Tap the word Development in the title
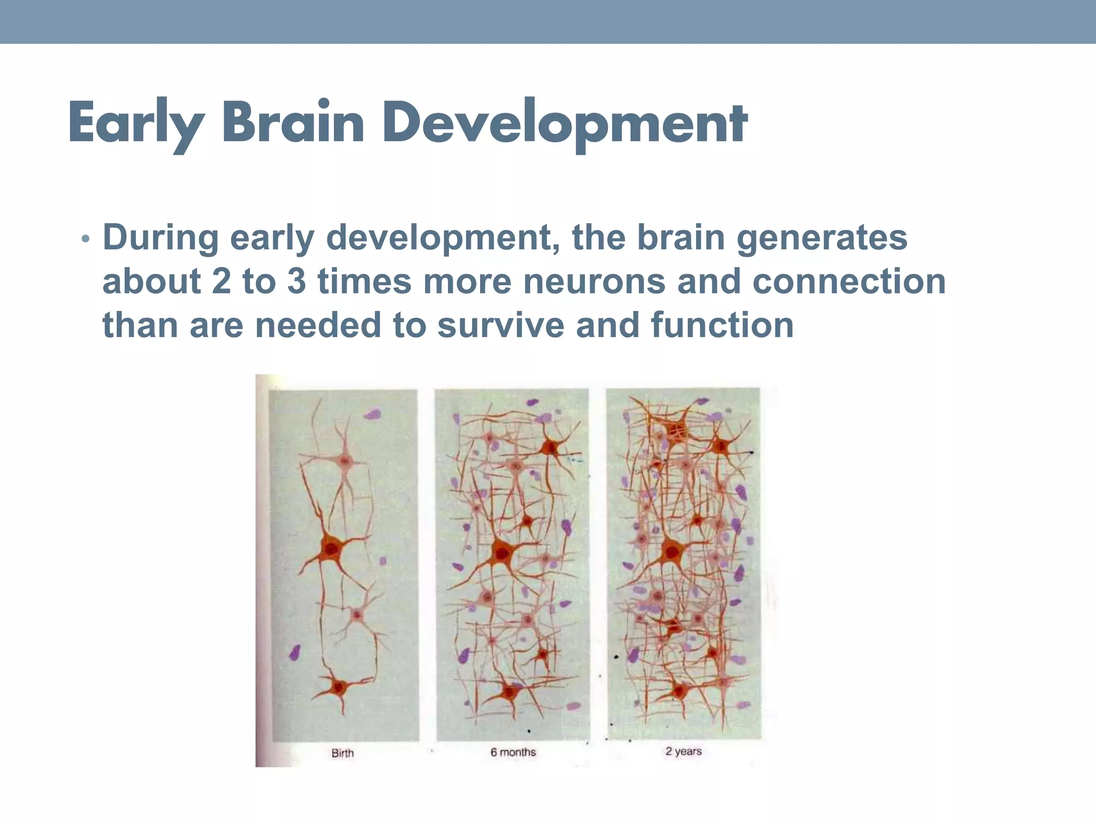(x=565, y=124)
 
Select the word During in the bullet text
(x=160, y=238)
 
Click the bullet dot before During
(x=85, y=239)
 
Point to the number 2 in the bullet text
(x=221, y=282)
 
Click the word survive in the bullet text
(x=500, y=325)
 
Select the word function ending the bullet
(x=722, y=325)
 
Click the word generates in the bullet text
(x=822, y=238)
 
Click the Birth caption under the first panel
(x=342, y=753)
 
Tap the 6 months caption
(x=513, y=752)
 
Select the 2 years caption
(x=683, y=751)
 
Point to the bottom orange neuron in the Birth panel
(x=338, y=687)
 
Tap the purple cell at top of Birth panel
(x=373, y=414)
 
